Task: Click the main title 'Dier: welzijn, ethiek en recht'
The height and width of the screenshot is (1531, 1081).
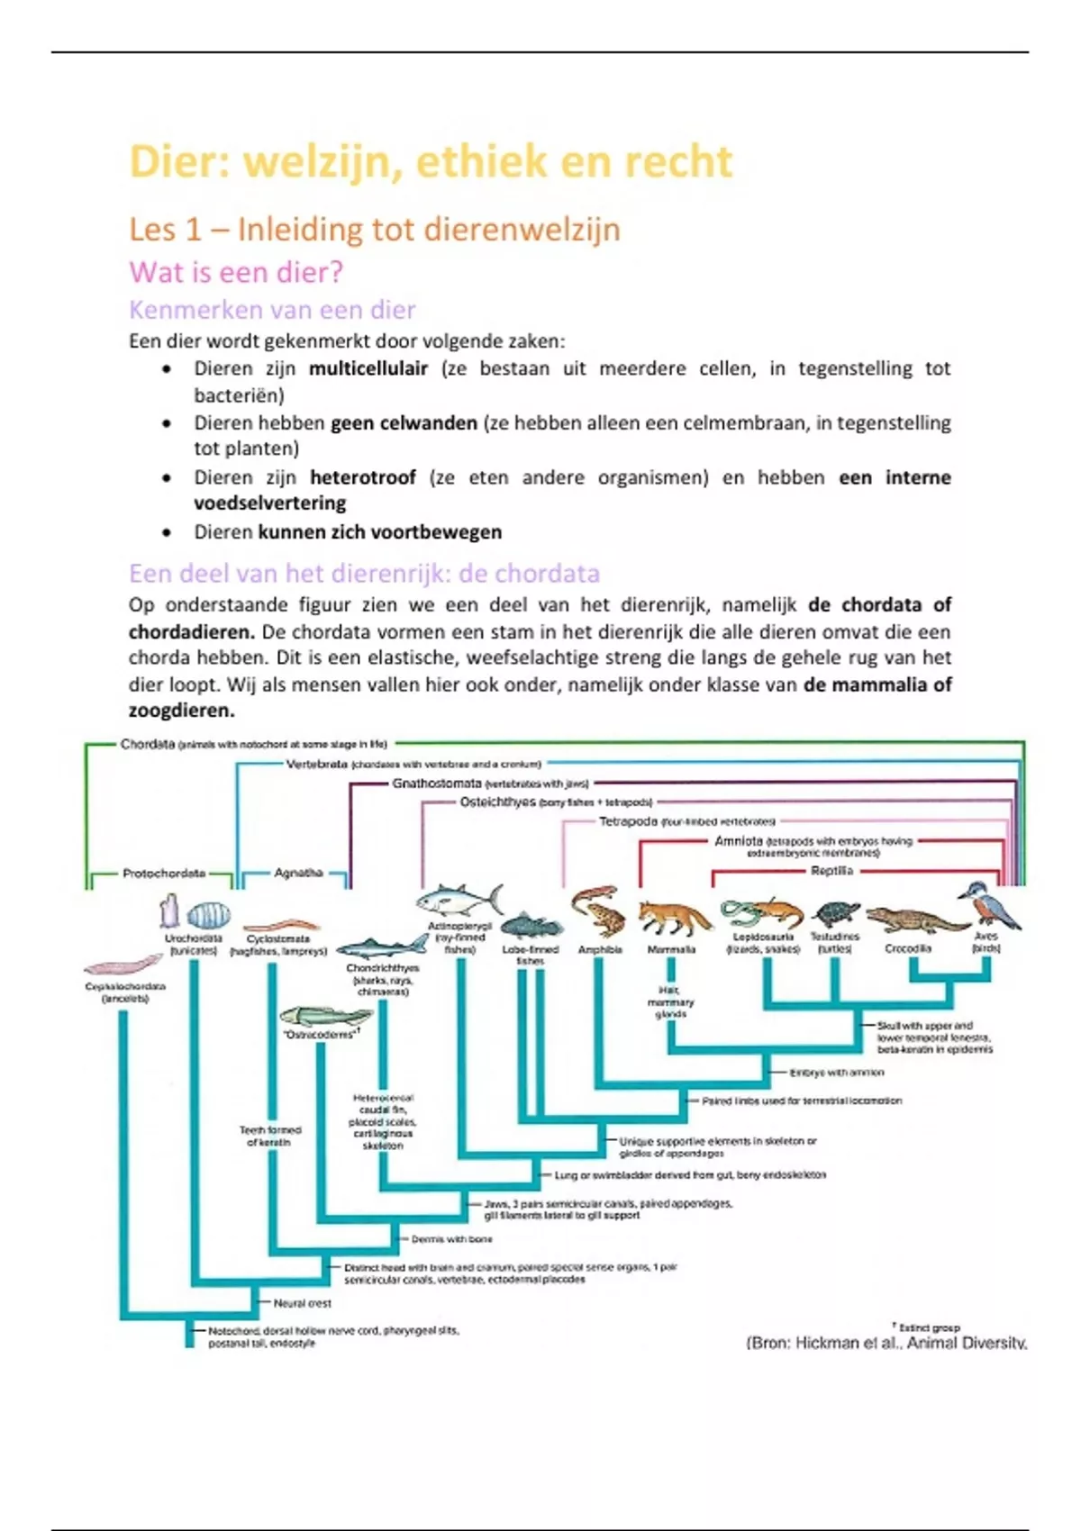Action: click(x=431, y=162)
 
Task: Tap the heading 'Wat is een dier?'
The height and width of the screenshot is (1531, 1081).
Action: click(x=236, y=272)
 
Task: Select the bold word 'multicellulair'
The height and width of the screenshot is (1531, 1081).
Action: click(x=368, y=368)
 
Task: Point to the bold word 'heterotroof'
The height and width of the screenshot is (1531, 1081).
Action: click(x=362, y=477)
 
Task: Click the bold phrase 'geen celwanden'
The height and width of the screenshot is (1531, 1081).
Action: click(x=404, y=423)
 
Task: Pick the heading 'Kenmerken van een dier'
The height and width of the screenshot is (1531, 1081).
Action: click(x=272, y=310)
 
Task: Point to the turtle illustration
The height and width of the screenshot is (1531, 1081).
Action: click(x=835, y=914)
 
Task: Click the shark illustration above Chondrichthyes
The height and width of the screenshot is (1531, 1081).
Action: click(x=383, y=946)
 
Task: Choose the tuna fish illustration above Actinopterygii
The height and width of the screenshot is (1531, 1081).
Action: click(x=458, y=899)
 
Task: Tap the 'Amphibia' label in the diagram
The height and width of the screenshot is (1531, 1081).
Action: click(x=600, y=949)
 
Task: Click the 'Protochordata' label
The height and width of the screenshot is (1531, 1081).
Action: click(x=164, y=873)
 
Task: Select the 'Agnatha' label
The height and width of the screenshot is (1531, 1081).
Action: click(x=298, y=873)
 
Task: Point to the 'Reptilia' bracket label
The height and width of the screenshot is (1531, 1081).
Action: click(x=831, y=871)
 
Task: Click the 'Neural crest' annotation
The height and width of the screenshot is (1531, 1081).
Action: click(x=302, y=1303)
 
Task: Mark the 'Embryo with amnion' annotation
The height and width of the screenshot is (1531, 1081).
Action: click(x=836, y=1073)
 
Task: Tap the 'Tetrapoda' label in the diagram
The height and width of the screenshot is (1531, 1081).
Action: click(x=628, y=821)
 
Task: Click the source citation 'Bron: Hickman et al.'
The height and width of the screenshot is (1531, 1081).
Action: click(x=886, y=1343)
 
